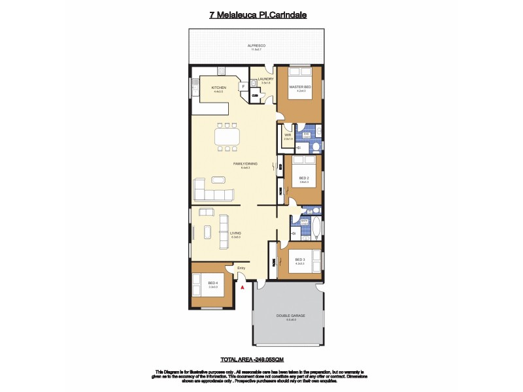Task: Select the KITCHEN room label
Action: pyautogui.click(x=218, y=88)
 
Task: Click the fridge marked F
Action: pyautogui.click(x=243, y=86)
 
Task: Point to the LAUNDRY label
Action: pyautogui.click(x=265, y=79)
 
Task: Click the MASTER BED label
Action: pyautogui.click(x=300, y=88)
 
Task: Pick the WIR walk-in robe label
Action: pyautogui.click(x=288, y=136)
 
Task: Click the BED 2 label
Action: pyautogui.click(x=304, y=178)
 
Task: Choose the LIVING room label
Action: pyautogui.click(x=235, y=233)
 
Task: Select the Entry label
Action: pyautogui.click(x=241, y=267)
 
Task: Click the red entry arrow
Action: pyautogui.click(x=243, y=286)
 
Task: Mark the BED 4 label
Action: pyautogui.click(x=212, y=284)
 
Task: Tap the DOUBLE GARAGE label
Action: pyautogui.click(x=290, y=316)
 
